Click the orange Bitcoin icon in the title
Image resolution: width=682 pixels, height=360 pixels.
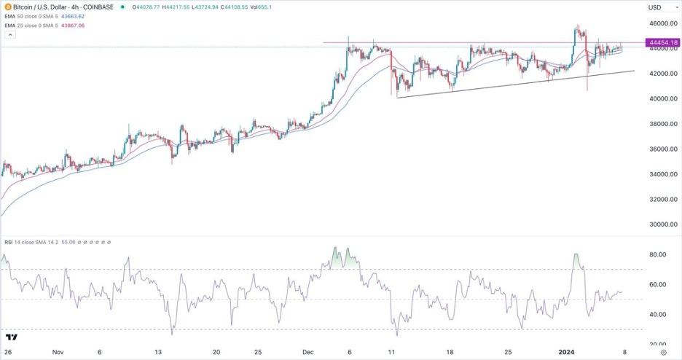coord(7,7)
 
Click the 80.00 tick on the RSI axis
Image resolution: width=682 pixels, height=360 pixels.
coord(657,254)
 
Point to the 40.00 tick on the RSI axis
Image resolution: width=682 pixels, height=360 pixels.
coord(657,315)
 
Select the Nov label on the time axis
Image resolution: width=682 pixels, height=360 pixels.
coord(58,351)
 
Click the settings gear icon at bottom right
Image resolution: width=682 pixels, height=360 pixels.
coord(673,351)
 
